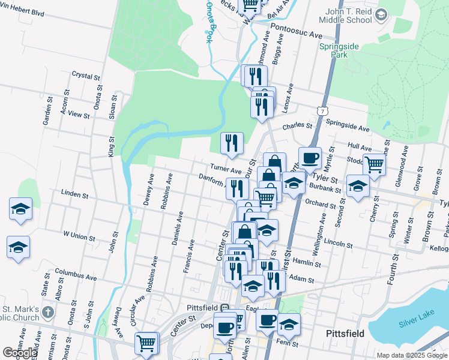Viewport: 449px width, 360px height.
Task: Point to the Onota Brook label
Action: tap(209, 21)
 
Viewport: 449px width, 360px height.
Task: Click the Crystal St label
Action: tap(85, 76)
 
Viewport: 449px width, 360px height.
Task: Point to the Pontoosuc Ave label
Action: tap(297, 35)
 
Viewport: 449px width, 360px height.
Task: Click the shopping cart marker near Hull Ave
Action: tap(374, 163)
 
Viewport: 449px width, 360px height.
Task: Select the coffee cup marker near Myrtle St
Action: tap(310, 158)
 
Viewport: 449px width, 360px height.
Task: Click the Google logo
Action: tap(20, 353)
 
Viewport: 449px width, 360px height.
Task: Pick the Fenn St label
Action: tap(283, 343)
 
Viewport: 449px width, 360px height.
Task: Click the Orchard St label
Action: tap(320, 204)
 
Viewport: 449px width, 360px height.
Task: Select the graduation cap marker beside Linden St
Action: tap(20, 210)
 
